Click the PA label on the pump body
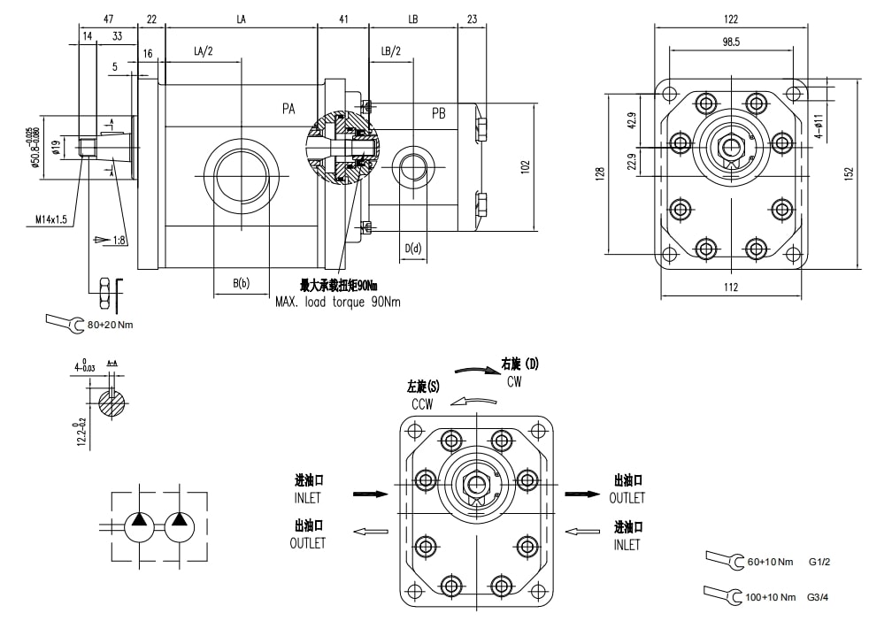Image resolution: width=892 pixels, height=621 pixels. pyautogui.click(x=288, y=109)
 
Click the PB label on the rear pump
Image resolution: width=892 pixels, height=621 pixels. pyautogui.click(x=439, y=114)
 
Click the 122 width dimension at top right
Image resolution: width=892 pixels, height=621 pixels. pyautogui.click(x=730, y=19)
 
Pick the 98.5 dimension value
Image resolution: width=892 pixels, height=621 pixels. pyautogui.click(x=730, y=41)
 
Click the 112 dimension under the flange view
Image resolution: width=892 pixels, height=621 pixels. pyautogui.click(x=730, y=286)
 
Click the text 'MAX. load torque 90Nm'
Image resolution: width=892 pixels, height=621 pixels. pyautogui.click(x=338, y=302)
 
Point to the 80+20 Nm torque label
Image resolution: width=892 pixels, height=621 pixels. pyautogui.click(x=111, y=324)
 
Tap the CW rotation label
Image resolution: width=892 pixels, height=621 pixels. pyautogui.click(x=515, y=381)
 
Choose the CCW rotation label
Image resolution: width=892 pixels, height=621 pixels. pyautogui.click(x=422, y=404)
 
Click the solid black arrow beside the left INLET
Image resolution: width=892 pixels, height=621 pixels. pyautogui.click(x=370, y=494)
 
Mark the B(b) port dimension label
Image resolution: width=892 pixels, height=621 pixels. pyautogui.click(x=241, y=283)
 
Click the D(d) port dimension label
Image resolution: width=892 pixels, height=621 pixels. pyautogui.click(x=413, y=249)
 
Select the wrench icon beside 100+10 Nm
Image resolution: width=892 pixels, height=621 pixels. pyautogui.click(x=722, y=594)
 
